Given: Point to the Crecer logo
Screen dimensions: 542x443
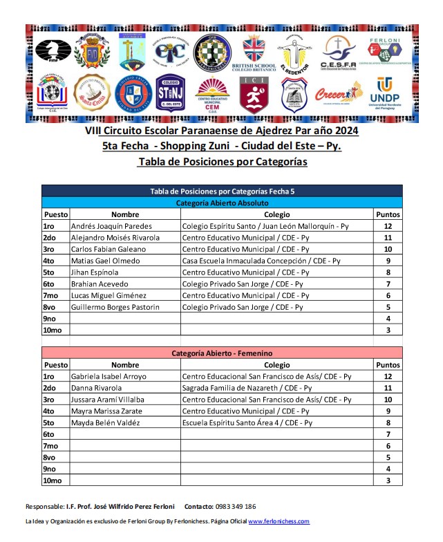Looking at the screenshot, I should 339,93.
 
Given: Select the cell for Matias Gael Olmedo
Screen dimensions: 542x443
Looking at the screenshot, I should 105,261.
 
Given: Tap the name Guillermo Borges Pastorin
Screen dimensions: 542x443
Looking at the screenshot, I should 115,307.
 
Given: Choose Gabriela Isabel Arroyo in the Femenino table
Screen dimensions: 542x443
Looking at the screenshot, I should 109,377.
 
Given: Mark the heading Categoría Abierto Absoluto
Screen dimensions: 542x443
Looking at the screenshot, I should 222,203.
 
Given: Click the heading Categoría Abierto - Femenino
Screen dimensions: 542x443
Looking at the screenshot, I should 222,353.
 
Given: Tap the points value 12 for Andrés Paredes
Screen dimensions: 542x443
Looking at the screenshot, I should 388,226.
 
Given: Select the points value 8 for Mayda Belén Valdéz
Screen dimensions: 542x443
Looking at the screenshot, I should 388,423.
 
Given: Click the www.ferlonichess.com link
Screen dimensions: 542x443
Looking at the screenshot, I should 279,521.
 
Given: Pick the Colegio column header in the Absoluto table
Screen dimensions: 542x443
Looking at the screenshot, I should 276,214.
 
